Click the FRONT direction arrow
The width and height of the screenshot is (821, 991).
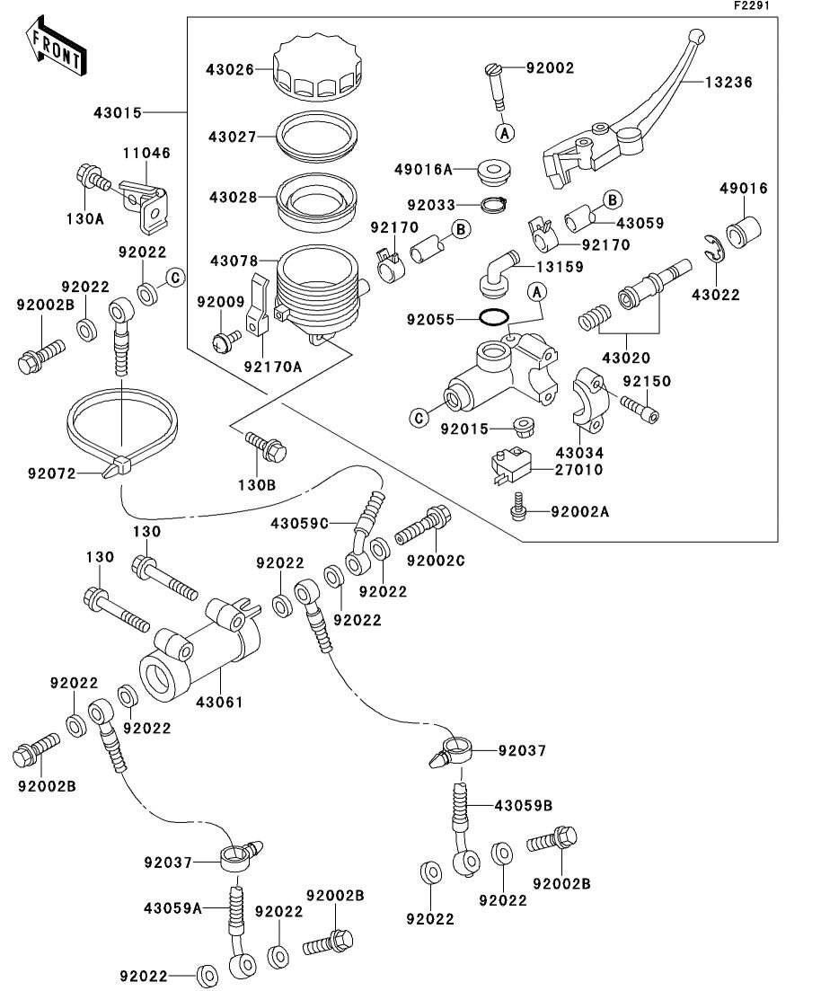point(56,49)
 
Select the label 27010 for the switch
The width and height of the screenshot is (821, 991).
point(580,469)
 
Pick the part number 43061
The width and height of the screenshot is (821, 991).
point(219,701)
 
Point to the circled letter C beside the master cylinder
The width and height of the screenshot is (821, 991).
point(418,416)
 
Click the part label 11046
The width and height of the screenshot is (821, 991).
point(146,154)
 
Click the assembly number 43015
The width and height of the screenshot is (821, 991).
point(117,112)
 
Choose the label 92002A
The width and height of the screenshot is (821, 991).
point(580,511)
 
